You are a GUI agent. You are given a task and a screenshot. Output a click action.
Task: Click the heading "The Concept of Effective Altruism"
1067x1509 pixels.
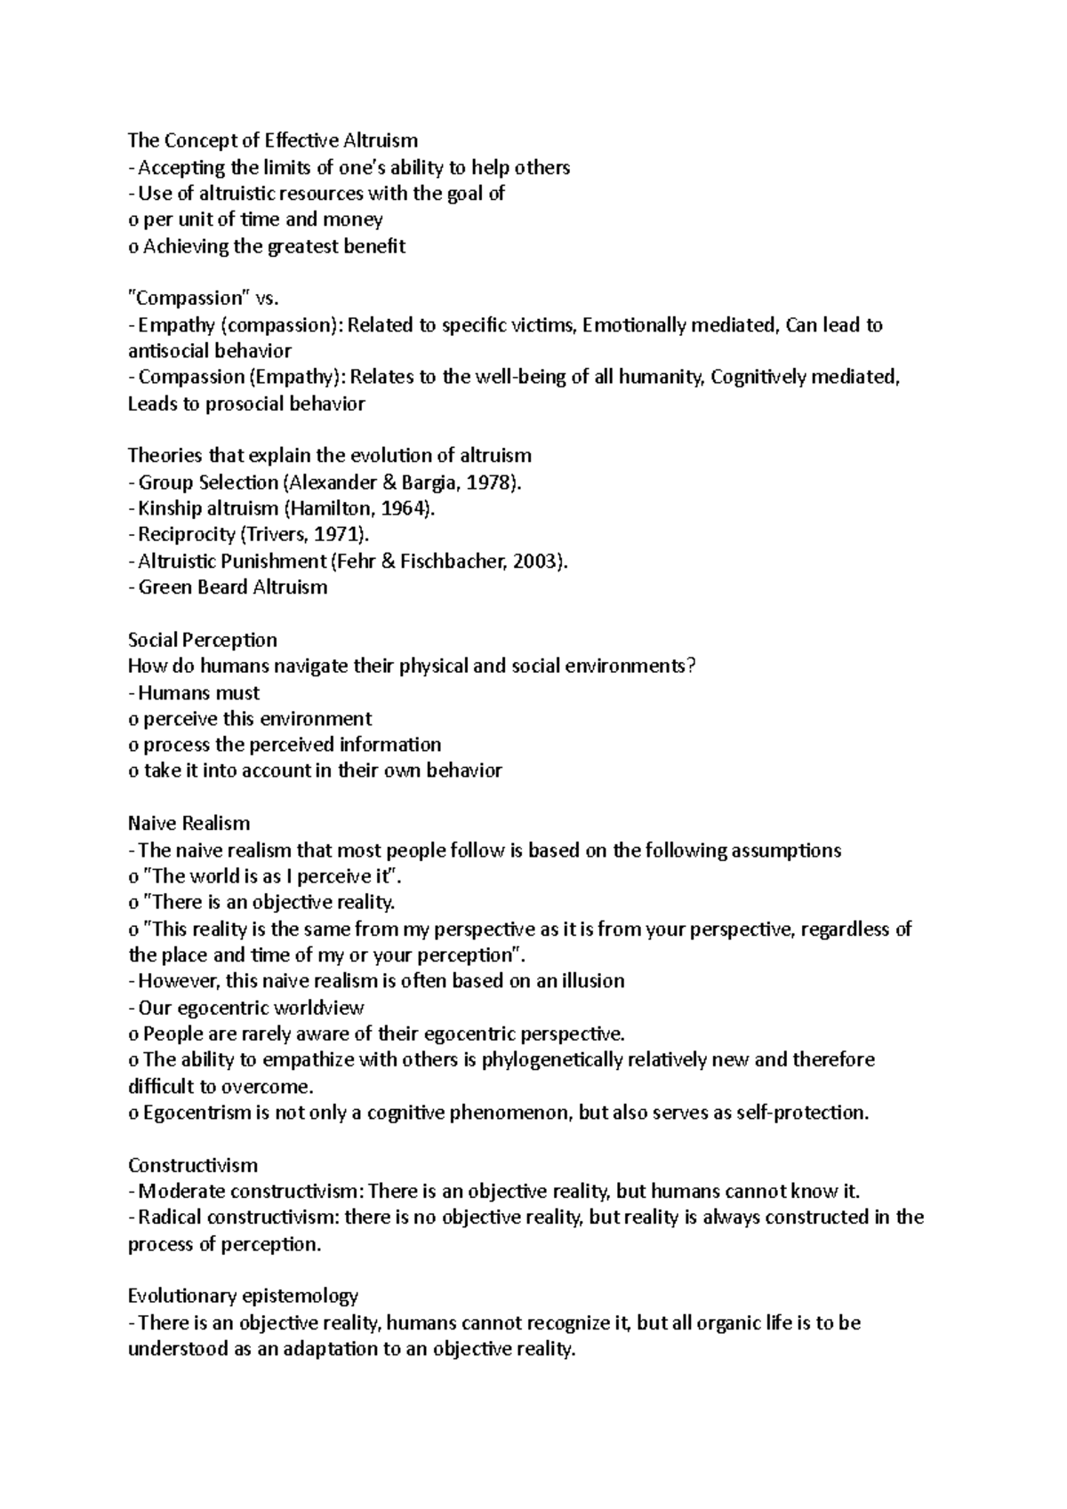[272, 140]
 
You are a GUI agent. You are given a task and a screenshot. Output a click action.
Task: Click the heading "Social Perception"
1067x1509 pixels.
[203, 640]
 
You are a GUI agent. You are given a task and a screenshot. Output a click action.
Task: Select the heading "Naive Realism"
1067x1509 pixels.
[189, 823]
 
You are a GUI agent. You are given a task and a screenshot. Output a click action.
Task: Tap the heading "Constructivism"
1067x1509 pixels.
[193, 1165]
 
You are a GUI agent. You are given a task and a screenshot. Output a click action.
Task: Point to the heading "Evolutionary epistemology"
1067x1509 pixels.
[243, 1296]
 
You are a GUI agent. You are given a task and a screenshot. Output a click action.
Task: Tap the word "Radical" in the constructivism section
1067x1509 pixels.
[170, 1218]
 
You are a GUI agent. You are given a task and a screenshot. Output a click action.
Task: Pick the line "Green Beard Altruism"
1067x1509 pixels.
[233, 587]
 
